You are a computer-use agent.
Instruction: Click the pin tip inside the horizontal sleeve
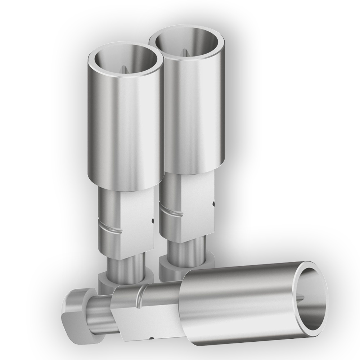(302, 297)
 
